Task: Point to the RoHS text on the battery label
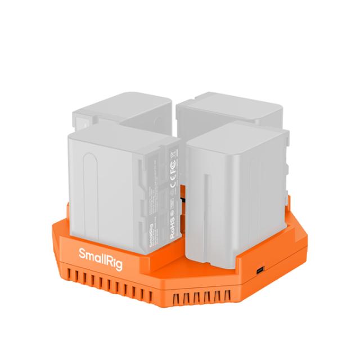tap(173, 229)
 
